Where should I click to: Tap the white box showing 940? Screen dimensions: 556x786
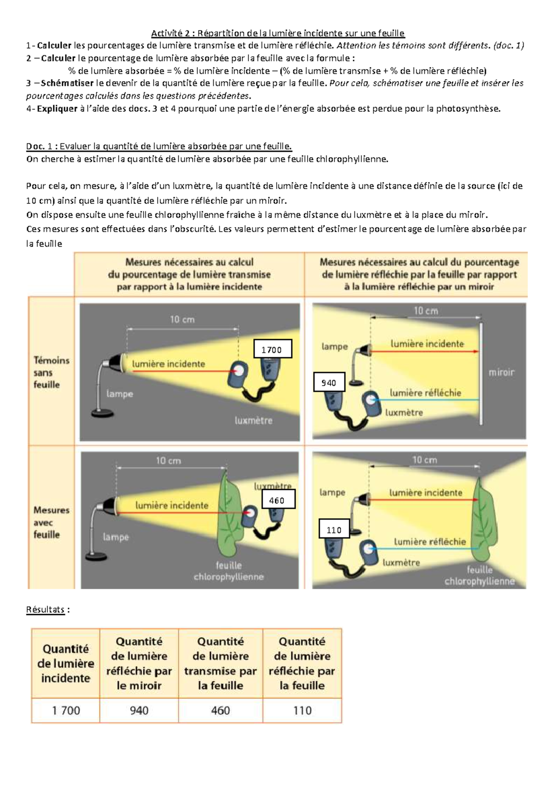[x=329, y=382]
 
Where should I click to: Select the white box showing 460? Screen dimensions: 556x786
[x=278, y=499]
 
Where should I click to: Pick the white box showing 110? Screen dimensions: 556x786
[x=335, y=528]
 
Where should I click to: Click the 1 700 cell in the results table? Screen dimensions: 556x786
[x=66, y=710]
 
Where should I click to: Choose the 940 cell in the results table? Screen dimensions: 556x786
[x=139, y=710]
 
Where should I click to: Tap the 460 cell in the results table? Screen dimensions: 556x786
[x=221, y=710]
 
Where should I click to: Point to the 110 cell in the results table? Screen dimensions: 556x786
[x=302, y=710]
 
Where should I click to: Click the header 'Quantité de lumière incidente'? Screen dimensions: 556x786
[x=66, y=664]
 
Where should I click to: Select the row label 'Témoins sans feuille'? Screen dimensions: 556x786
[x=51, y=372]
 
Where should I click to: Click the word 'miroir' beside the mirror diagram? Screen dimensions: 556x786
[x=502, y=372]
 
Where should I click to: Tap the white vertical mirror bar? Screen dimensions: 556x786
[x=481, y=374]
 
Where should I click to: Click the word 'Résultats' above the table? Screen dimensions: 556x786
[x=45, y=609]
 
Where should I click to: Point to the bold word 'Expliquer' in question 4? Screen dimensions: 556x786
[x=57, y=109]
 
